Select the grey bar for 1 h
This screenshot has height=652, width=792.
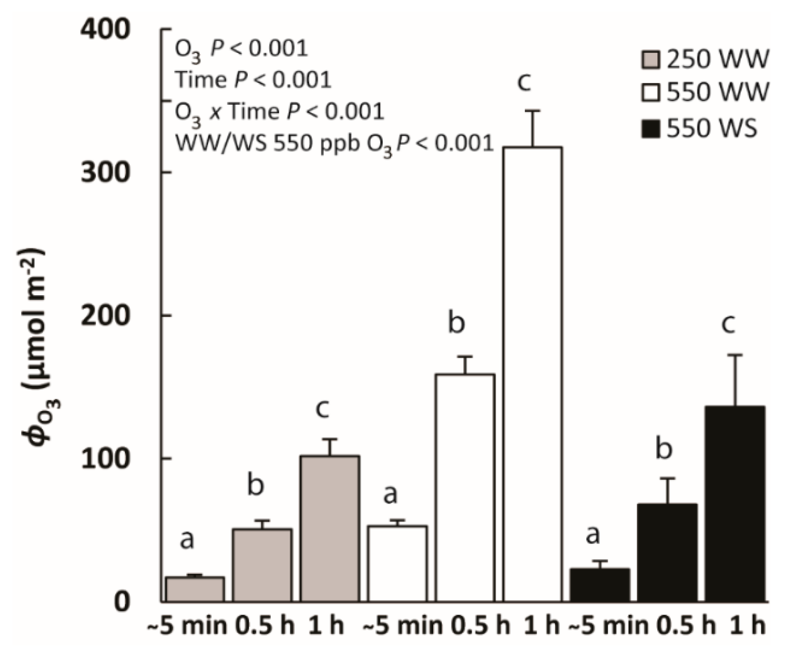pyautogui.click(x=330, y=528)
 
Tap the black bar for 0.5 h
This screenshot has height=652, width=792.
pyautogui.click(x=667, y=553)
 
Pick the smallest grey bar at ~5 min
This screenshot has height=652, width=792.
pyautogui.click(x=195, y=589)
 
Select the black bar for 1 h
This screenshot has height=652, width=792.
pyautogui.click(x=735, y=504)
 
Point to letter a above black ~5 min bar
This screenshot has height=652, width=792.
pyautogui.click(x=593, y=534)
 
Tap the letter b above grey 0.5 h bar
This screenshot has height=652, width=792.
pyautogui.click(x=255, y=485)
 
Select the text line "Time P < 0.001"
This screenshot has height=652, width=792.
pyautogui.click(x=253, y=80)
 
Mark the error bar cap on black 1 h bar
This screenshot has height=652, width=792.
pyautogui.click(x=735, y=355)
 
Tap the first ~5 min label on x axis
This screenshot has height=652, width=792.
pyautogui.click(x=187, y=626)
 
